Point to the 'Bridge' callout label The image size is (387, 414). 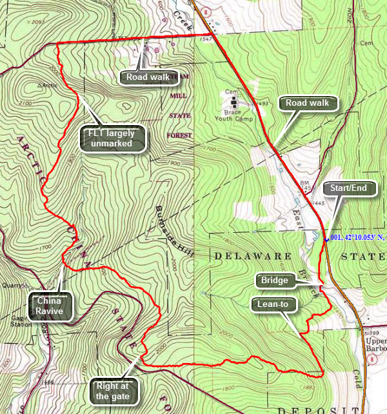275,281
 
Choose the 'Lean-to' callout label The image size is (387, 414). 274,302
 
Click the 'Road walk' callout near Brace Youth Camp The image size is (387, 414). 303,103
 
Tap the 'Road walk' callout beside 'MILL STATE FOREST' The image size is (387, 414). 148,77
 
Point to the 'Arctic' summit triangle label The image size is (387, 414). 48,84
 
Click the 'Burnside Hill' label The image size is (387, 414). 170,232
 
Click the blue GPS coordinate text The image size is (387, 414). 359,238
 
